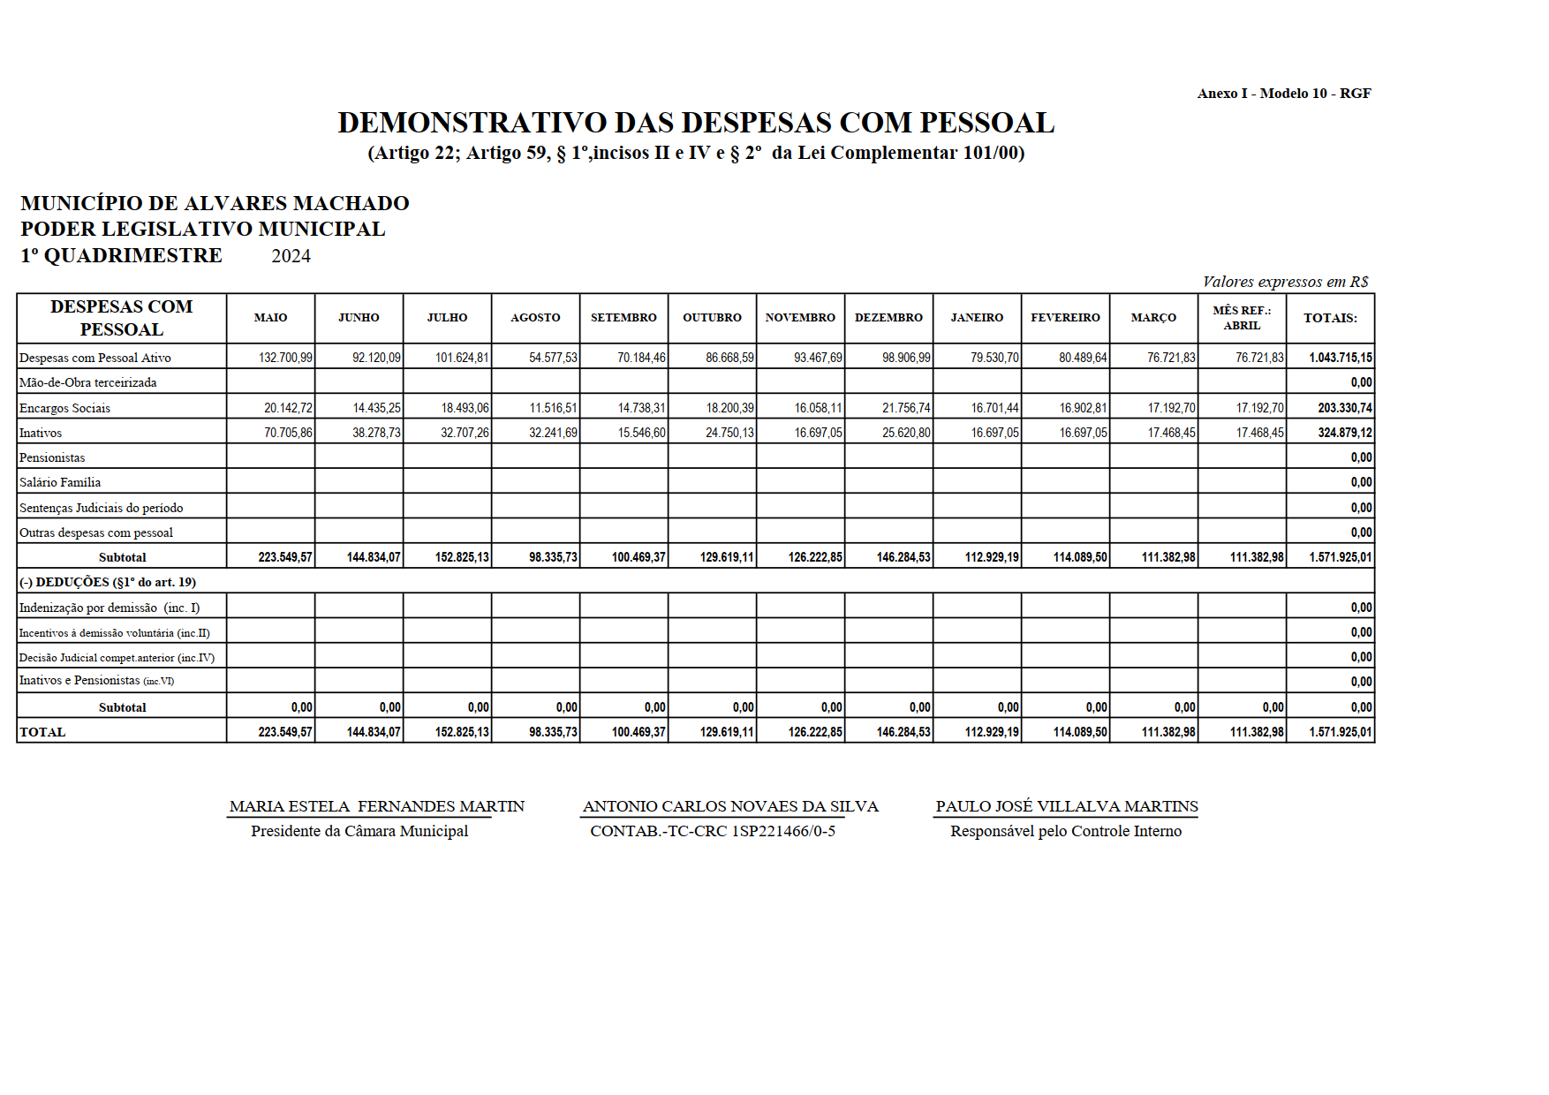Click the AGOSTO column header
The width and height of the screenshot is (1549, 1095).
pos(535,318)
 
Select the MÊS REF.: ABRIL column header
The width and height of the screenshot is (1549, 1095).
pos(1242,318)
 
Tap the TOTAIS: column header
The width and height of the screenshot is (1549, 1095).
pos(1330,318)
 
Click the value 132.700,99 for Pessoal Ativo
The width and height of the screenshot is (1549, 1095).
pos(285,359)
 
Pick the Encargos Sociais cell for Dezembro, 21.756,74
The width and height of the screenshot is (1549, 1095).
pos(906,408)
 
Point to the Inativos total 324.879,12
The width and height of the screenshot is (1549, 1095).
pos(1344,433)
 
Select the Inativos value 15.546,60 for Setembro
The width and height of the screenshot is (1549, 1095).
pos(642,433)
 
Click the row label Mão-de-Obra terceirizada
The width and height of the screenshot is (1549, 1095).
pos(88,382)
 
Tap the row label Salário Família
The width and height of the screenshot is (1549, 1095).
pos(60,482)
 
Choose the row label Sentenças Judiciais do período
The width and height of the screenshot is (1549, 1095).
pos(102,508)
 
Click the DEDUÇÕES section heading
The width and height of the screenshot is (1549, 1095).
pos(108,582)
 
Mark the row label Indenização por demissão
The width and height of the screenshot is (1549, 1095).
pos(110,608)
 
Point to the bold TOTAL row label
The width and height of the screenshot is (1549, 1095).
pos(42,732)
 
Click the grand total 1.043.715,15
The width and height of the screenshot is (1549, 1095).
pos(1341,359)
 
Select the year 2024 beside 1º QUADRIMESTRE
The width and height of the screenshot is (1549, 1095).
pos(291,256)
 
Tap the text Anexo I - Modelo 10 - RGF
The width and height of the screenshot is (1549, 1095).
pos(1284,94)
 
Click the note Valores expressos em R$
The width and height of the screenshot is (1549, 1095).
pos(1285,282)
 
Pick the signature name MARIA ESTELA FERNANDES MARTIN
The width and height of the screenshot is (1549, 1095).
pos(377,806)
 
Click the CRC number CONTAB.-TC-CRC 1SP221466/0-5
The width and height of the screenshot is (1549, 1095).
pos(713,831)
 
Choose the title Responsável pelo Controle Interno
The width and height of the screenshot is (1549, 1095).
pos(1066,831)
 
